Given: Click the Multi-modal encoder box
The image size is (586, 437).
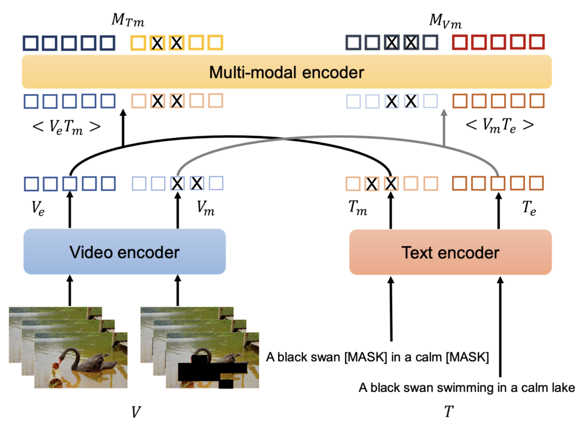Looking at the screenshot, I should pos(286,72).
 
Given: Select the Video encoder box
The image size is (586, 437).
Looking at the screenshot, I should pos(125,252).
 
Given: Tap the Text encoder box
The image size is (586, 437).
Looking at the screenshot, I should pos(450,252).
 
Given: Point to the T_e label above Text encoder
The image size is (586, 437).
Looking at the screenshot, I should pos(528,209).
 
